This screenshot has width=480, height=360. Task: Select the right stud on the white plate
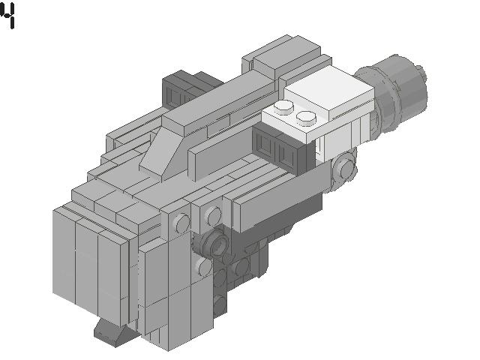click(305, 117)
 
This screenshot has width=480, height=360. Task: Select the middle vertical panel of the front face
click(87, 266)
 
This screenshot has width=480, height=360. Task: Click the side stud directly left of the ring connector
click(181, 223)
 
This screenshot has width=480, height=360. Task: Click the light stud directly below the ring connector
click(202, 266)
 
